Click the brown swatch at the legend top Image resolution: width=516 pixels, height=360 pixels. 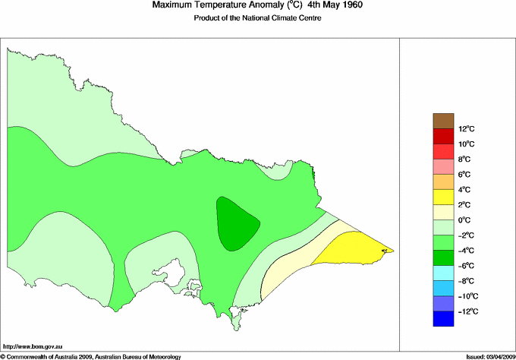(x=442, y=120)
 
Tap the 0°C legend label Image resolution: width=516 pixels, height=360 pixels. (x=464, y=219)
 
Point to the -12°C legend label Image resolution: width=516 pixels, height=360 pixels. (x=467, y=311)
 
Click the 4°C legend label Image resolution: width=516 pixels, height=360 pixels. (x=464, y=189)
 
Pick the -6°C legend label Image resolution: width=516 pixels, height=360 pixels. (x=466, y=265)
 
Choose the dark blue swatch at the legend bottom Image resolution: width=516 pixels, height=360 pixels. (x=442, y=319)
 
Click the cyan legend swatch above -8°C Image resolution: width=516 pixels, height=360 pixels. (x=442, y=273)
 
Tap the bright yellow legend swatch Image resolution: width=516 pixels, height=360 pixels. (x=442, y=197)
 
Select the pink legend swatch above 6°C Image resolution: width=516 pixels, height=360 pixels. (x=442, y=166)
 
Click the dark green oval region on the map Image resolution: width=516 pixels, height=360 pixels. (x=238, y=223)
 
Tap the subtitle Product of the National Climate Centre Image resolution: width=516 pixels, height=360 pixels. (x=259, y=17)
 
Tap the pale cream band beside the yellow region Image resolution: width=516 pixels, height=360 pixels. (x=292, y=266)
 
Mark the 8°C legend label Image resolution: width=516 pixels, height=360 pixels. (x=464, y=159)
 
